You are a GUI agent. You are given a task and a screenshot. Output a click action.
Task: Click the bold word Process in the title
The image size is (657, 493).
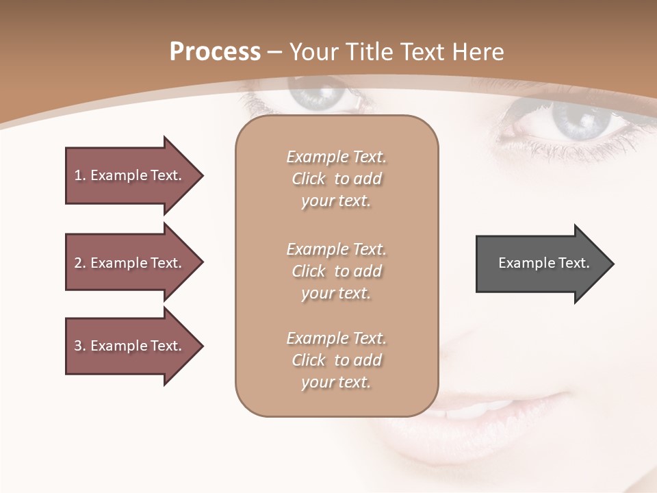(x=215, y=52)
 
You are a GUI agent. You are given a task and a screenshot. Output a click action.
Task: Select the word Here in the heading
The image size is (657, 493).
(x=478, y=52)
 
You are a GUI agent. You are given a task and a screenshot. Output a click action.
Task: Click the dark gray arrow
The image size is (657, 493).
(x=541, y=264)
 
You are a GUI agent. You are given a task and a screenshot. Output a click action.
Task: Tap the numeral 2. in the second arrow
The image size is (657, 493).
(x=79, y=263)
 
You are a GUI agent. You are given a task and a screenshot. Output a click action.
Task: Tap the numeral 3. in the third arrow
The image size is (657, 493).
(x=79, y=346)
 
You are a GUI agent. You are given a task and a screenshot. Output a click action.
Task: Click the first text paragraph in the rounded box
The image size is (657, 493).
(x=336, y=179)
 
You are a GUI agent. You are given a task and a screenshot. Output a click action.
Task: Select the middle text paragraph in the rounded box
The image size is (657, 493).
(x=336, y=271)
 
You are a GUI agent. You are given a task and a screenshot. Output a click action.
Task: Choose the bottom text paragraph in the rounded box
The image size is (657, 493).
(x=336, y=360)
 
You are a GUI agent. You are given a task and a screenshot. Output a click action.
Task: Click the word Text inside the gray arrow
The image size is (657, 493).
(x=574, y=263)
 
